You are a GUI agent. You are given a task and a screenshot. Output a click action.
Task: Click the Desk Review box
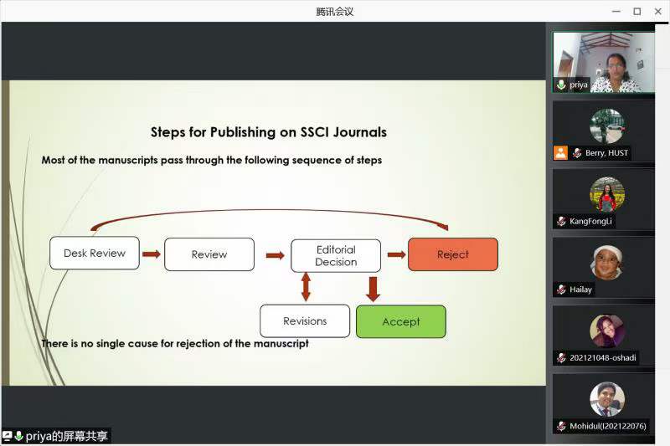tap(94, 254)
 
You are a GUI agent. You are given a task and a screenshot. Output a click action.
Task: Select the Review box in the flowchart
tap(209, 254)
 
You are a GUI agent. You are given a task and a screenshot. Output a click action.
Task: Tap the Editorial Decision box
tap(335, 255)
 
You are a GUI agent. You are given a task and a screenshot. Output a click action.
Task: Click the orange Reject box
tap(452, 254)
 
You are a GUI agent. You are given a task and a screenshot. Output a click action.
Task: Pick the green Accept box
tap(400, 321)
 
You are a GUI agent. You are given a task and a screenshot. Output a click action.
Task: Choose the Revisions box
tap(305, 320)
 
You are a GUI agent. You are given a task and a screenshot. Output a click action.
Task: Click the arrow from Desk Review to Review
tap(152, 254)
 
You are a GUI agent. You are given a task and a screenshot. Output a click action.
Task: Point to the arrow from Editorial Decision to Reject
tap(396, 254)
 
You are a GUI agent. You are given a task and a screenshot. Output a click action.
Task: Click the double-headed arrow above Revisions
tap(306, 287)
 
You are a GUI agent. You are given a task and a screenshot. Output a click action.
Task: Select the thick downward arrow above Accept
tap(374, 288)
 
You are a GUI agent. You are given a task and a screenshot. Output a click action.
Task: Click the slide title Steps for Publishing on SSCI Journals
tap(268, 131)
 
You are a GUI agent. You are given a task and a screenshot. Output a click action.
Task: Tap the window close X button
tap(657, 11)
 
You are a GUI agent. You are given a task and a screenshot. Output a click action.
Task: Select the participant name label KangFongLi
tap(592, 222)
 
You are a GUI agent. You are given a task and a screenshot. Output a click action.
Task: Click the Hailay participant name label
tap(581, 290)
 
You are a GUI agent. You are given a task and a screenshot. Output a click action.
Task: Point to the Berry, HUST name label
tap(606, 153)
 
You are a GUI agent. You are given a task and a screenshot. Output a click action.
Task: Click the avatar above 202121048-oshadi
tap(607, 331)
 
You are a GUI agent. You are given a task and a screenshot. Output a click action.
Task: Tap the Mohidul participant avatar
tap(607, 399)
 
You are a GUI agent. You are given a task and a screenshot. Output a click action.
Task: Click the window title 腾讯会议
tap(335, 11)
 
